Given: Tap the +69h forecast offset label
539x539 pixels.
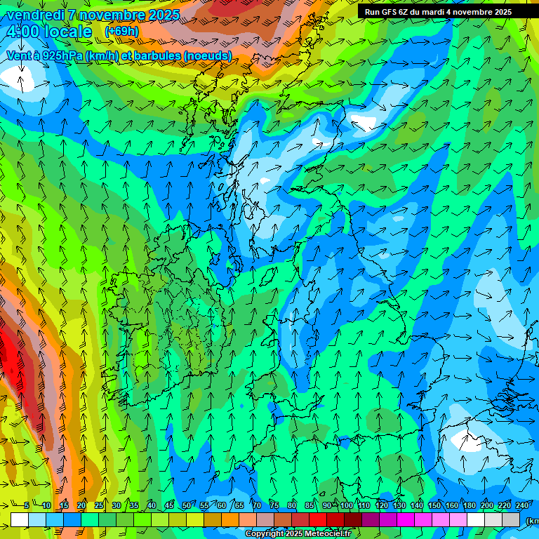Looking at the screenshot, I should [x=121, y=31].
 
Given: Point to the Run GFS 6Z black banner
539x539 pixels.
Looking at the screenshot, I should [x=438, y=11].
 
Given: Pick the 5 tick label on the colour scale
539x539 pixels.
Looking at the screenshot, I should [x=27, y=505].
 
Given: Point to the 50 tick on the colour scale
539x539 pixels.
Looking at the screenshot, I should [x=186, y=505].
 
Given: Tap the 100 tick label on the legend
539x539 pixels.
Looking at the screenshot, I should [x=347, y=505].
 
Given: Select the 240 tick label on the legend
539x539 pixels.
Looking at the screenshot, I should [x=521, y=505].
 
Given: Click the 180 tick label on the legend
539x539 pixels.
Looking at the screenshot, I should [x=467, y=505].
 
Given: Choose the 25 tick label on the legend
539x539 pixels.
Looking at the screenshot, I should [x=98, y=505].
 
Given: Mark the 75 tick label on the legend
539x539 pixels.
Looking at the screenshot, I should [x=274, y=505].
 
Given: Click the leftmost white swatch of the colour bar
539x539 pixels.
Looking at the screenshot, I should [x=20, y=519].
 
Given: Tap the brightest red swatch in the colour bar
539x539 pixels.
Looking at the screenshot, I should [x=318, y=519].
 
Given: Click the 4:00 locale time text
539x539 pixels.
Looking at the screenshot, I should [x=48, y=32].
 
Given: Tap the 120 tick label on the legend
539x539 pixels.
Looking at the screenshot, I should [x=381, y=505].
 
